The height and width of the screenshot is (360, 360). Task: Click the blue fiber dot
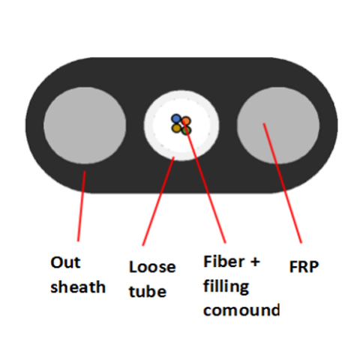[176, 118]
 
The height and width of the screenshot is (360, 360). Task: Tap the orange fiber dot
[186, 121]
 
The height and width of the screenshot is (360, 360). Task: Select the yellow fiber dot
[176, 128]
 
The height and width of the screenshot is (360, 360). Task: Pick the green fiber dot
[187, 130]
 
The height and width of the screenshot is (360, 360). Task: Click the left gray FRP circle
[85, 125]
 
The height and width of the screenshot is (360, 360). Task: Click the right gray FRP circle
[278, 125]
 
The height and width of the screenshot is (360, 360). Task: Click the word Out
[65, 262]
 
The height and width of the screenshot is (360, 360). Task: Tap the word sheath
[78, 286]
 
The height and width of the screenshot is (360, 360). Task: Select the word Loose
[152, 267]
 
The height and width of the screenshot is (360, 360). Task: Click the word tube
[148, 291]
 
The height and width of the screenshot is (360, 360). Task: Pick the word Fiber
[224, 262]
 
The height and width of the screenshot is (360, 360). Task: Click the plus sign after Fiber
[255, 262]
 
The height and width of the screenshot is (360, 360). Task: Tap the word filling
[226, 286]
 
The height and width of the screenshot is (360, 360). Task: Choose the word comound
[241, 310]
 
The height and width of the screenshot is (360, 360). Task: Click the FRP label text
[304, 267]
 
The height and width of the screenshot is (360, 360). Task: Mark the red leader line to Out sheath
[82, 206]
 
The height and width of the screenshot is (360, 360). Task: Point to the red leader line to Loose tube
[158, 201]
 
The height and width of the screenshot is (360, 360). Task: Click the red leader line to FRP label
[283, 183]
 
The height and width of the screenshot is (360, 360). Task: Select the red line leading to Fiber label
[205, 182]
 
